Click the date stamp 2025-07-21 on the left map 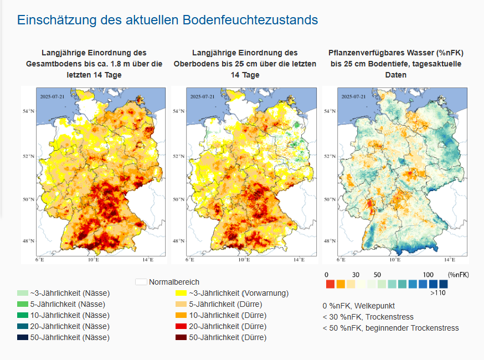click(x=52, y=96)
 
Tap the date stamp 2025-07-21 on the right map click(x=353, y=96)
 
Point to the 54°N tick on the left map click(x=29, y=111)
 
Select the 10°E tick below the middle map click(x=244, y=259)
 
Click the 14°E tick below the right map click(x=448, y=259)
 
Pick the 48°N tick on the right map click(x=330, y=241)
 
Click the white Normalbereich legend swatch click(x=141, y=282)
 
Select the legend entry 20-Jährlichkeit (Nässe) click(x=70, y=326)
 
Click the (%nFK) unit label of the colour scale click(x=459, y=275)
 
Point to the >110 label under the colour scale click(x=439, y=294)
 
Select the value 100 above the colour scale click(x=428, y=275)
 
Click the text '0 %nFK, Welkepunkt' click(x=358, y=306)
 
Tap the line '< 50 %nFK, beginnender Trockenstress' click(x=390, y=328)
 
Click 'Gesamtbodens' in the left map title click(x=53, y=64)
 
